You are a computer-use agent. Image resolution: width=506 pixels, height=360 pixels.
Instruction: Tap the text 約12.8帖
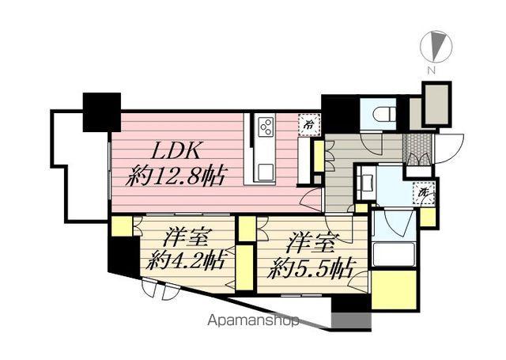coord(175,175)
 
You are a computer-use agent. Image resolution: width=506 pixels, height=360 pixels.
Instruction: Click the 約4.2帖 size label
coord(187,260)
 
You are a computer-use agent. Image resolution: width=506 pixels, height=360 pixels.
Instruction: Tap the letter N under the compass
coord(432,70)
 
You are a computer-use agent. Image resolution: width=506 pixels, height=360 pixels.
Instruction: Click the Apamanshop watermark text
coord(253,322)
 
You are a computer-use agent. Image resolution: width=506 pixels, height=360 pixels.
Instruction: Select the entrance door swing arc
coord(452,147)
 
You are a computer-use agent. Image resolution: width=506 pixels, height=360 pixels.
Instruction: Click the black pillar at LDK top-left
coord(101,112)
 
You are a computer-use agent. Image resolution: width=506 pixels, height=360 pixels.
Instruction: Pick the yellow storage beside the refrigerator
coord(318,154)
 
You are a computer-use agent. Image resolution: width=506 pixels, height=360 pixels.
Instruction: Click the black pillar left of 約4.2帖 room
coord(123,258)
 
